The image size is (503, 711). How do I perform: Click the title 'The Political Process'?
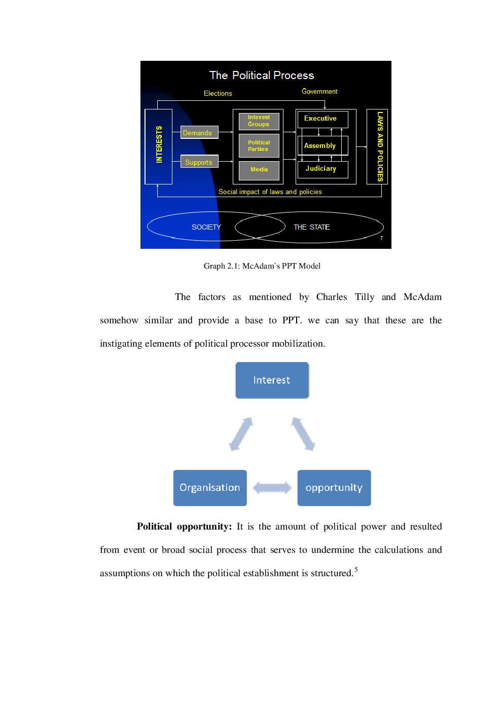262,76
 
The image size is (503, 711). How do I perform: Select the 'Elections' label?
218,94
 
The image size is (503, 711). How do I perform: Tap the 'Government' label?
319,92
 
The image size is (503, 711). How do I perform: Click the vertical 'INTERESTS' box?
159,146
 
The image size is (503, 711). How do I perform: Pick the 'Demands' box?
199,133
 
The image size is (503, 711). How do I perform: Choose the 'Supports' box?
199,162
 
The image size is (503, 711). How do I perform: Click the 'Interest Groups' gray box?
259,121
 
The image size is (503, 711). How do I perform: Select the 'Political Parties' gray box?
259,146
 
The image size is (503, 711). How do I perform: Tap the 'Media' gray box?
259,170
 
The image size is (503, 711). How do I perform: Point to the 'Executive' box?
322,119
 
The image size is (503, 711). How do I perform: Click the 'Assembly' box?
322,146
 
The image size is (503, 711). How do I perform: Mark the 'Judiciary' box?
322,169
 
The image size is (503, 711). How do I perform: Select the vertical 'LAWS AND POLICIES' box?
377,146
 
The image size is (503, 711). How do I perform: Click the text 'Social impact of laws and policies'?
270,192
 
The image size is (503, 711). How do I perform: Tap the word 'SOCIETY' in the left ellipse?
206,227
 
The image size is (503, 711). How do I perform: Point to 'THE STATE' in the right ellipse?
312,227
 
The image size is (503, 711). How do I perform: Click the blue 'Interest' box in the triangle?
272,381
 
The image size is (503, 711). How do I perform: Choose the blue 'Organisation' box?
210,488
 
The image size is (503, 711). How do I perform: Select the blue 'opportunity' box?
334,488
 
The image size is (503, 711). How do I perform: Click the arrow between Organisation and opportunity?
272,488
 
